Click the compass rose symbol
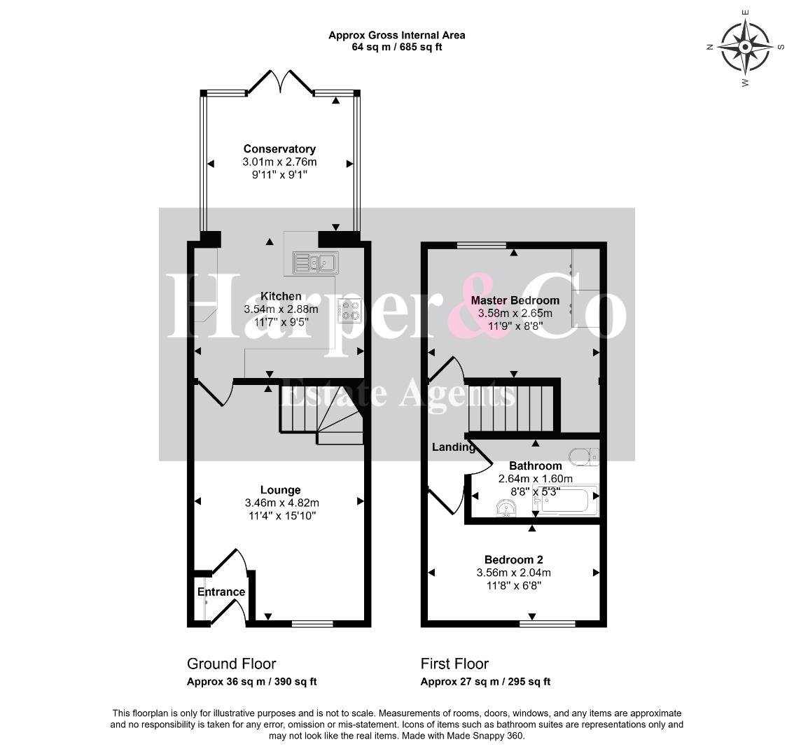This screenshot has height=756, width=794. (745, 48)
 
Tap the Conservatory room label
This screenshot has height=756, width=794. (279, 149)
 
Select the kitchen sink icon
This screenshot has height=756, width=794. (315, 262)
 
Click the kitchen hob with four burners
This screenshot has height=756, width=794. (349, 310)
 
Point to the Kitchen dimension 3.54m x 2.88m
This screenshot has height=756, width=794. (281, 309)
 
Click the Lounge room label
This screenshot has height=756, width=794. (281, 490)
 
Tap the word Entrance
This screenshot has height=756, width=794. (221, 592)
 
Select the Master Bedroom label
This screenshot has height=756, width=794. (515, 300)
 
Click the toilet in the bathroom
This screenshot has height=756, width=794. (584, 456)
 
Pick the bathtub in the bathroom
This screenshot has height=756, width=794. (565, 500)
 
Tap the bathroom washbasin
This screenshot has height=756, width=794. (506, 508)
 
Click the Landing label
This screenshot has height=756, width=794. (453, 447)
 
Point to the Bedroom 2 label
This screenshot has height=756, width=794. (513, 559)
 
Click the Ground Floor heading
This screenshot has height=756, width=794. (232, 664)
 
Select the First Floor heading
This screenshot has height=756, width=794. (454, 664)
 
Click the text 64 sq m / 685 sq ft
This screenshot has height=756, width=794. (396, 47)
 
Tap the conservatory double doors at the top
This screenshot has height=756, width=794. (280, 82)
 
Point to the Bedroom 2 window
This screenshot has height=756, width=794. (548, 623)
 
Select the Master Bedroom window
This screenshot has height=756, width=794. (481, 246)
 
